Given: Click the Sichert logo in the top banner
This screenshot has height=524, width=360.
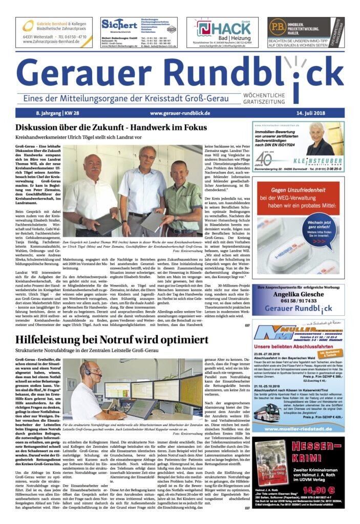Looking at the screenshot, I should pyautogui.click(x=118, y=24).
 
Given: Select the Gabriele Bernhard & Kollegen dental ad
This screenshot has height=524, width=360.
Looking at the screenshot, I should pyautogui.click(x=54, y=32).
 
